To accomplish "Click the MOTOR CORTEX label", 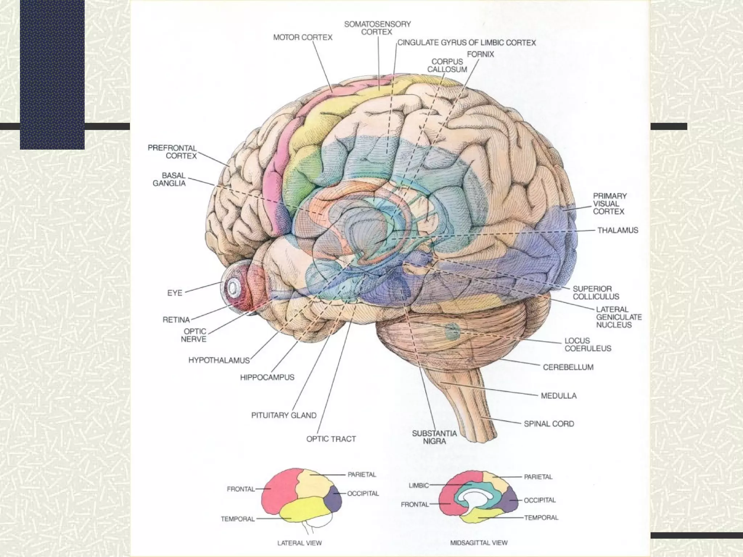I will [x=303, y=37].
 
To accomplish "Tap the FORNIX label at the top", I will [x=480, y=54].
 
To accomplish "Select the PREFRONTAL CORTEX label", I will [x=172, y=152].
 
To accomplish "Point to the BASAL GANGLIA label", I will [x=169, y=180].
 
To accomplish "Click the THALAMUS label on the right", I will [x=617, y=230].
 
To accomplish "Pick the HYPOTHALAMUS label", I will [x=219, y=360].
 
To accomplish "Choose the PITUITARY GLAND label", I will [x=284, y=416].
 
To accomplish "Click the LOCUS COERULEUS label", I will [x=588, y=344].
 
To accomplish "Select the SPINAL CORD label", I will [x=549, y=424].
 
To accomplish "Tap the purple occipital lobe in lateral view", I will [x=334, y=501].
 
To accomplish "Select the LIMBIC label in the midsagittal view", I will [x=419, y=485].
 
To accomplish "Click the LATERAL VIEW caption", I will [x=299, y=543].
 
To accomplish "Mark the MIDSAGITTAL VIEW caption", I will [x=479, y=543].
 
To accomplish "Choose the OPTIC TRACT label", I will [x=331, y=439].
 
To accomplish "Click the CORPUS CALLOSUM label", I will [x=447, y=66].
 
